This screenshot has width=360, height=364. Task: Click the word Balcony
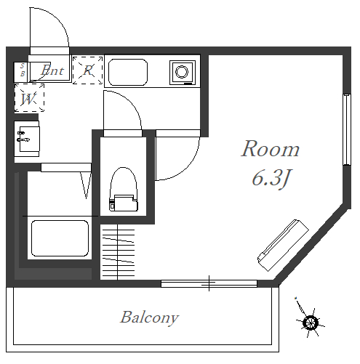[150, 318]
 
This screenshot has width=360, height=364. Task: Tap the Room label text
[271, 149]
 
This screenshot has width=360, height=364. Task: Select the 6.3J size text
[271, 178]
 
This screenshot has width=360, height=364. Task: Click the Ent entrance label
[52, 70]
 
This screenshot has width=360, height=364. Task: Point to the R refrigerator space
[88, 70]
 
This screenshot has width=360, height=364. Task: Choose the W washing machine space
[29, 98]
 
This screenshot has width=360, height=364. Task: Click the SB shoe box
[22, 72]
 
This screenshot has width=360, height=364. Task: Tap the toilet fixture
[124, 189]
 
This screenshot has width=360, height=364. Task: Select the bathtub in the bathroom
[60, 238]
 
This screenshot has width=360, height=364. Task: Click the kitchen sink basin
[128, 72]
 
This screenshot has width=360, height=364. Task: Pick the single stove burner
[182, 72]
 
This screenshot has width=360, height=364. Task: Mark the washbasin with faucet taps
[27, 139]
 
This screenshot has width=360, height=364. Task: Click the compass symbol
[310, 320]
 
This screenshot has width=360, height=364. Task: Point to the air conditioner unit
[283, 245]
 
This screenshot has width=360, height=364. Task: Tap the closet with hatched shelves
[118, 252]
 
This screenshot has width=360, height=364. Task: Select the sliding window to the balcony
[209, 283]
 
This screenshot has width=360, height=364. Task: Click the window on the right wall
[347, 130]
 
